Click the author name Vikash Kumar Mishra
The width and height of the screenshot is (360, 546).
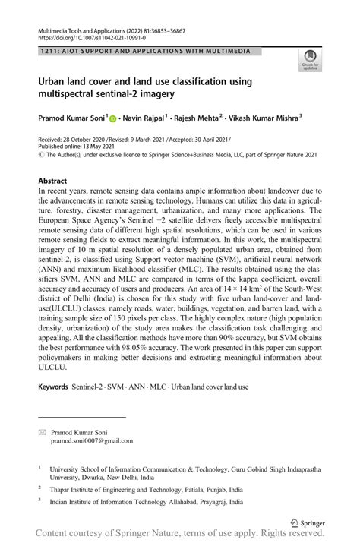[x=263, y=118]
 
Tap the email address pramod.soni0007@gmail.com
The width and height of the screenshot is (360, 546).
[x=92, y=440]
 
